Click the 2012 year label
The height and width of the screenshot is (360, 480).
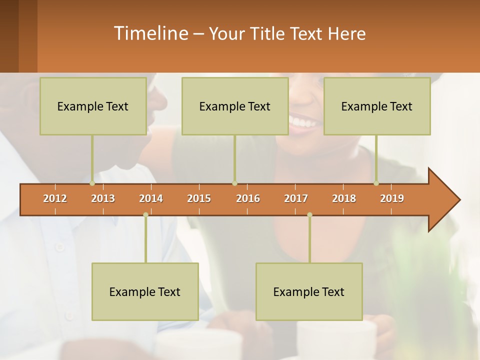click(x=55, y=198)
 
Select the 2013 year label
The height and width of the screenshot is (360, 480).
click(x=103, y=198)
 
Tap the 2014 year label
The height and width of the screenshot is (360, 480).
click(x=151, y=198)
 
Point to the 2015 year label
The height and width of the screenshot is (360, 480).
click(x=199, y=198)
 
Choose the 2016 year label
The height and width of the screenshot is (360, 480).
click(x=248, y=198)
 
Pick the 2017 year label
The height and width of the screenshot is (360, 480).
click(x=296, y=198)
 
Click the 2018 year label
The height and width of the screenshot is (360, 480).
click(x=344, y=198)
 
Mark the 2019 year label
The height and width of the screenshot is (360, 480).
click(x=392, y=198)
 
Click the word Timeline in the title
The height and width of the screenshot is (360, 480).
click(x=150, y=33)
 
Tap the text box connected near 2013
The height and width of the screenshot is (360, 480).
click(x=93, y=106)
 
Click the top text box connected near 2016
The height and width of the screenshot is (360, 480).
click(x=235, y=106)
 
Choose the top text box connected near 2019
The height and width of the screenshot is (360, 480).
click(x=377, y=106)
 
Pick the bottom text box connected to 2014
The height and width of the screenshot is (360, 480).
click(x=145, y=291)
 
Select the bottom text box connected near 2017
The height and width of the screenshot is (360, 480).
click(x=309, y=291)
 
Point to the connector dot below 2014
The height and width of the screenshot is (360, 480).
click(x=145, y=214)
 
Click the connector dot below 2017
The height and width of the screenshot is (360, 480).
click(x=309, y=214)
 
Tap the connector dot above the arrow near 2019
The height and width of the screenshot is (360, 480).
click(x=376, y=183)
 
